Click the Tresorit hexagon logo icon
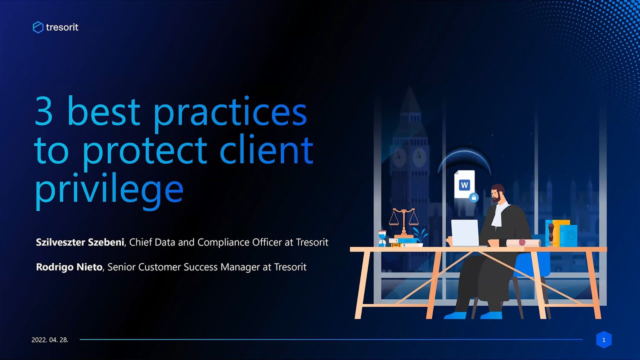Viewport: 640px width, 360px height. click(x=38, y=27)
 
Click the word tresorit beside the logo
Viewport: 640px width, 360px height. click(x=62, y=27)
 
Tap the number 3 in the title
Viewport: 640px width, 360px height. click(x=43, y=113)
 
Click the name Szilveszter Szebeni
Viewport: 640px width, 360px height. click(x=81, y=242)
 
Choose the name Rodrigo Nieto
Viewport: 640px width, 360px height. click(x=69, y=267)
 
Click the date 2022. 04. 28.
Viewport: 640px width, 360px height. click(x=50, y=340)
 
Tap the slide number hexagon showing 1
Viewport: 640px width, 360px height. click(x=603, y=340)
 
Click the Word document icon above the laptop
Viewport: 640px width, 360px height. click(x=464, y=185)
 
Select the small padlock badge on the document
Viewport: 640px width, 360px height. click(x=474, y=197)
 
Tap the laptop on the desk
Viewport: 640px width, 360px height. click(x=465, y=232)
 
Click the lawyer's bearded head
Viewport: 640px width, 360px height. click(x=497, y=194)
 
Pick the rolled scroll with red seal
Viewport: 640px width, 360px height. click(x=523, y=242)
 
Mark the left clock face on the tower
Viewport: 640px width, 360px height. click(x=399, y=158)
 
